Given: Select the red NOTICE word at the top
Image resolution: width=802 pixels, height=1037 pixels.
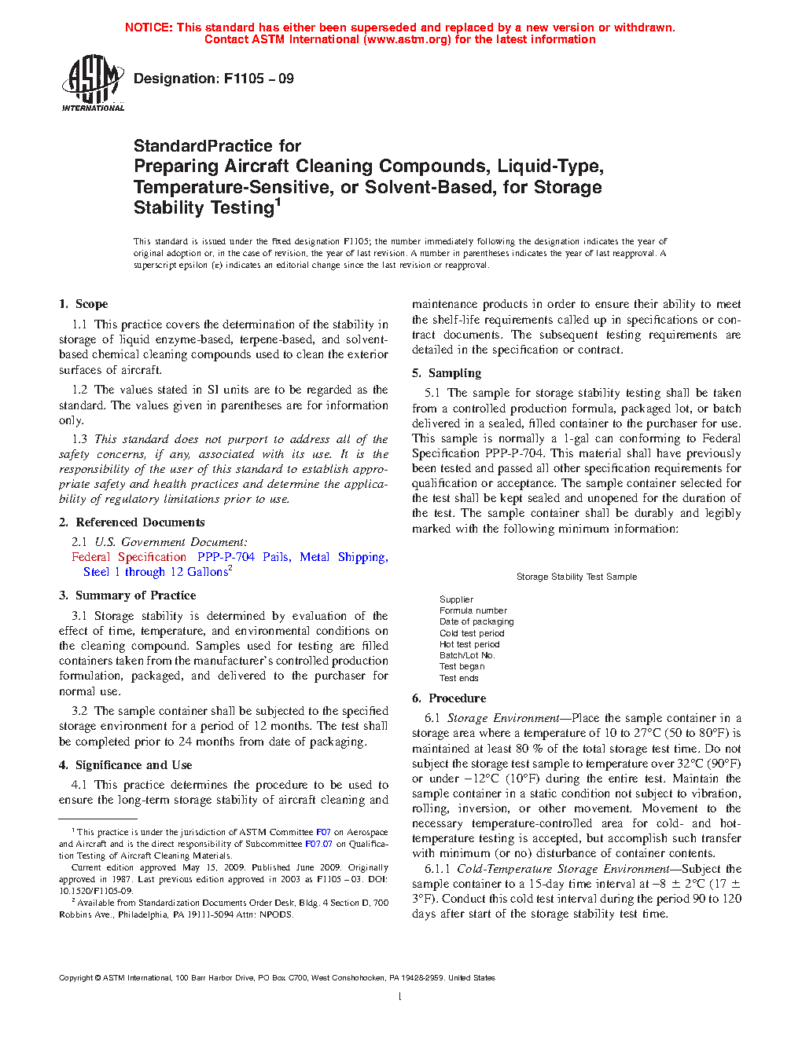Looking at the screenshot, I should [x=149, y=27].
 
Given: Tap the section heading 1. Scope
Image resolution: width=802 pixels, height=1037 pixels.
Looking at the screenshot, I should [x=83, y=304].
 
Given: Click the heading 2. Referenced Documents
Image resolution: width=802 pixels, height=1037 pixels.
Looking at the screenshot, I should [x=131, y=522].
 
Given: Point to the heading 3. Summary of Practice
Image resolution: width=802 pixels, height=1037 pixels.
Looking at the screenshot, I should [x=127, y=595].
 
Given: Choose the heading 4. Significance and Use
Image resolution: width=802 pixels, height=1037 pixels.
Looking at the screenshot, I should [x=125, y=765].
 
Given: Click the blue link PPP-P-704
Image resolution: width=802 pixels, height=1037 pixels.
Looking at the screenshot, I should [x=226, y=557].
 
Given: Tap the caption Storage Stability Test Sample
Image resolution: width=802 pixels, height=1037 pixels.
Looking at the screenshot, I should [x=576, y=577].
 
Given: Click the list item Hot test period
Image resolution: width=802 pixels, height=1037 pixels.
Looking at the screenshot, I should [x=469, y=644].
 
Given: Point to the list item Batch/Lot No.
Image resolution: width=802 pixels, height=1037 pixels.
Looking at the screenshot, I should [x=467, y=655].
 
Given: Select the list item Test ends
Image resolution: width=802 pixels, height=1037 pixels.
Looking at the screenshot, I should [x=459, y=678].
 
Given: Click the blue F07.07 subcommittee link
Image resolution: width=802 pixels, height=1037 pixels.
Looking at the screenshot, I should [x=318, y=844].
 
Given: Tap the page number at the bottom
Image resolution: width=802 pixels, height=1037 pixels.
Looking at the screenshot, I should [x=400, y=997].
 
